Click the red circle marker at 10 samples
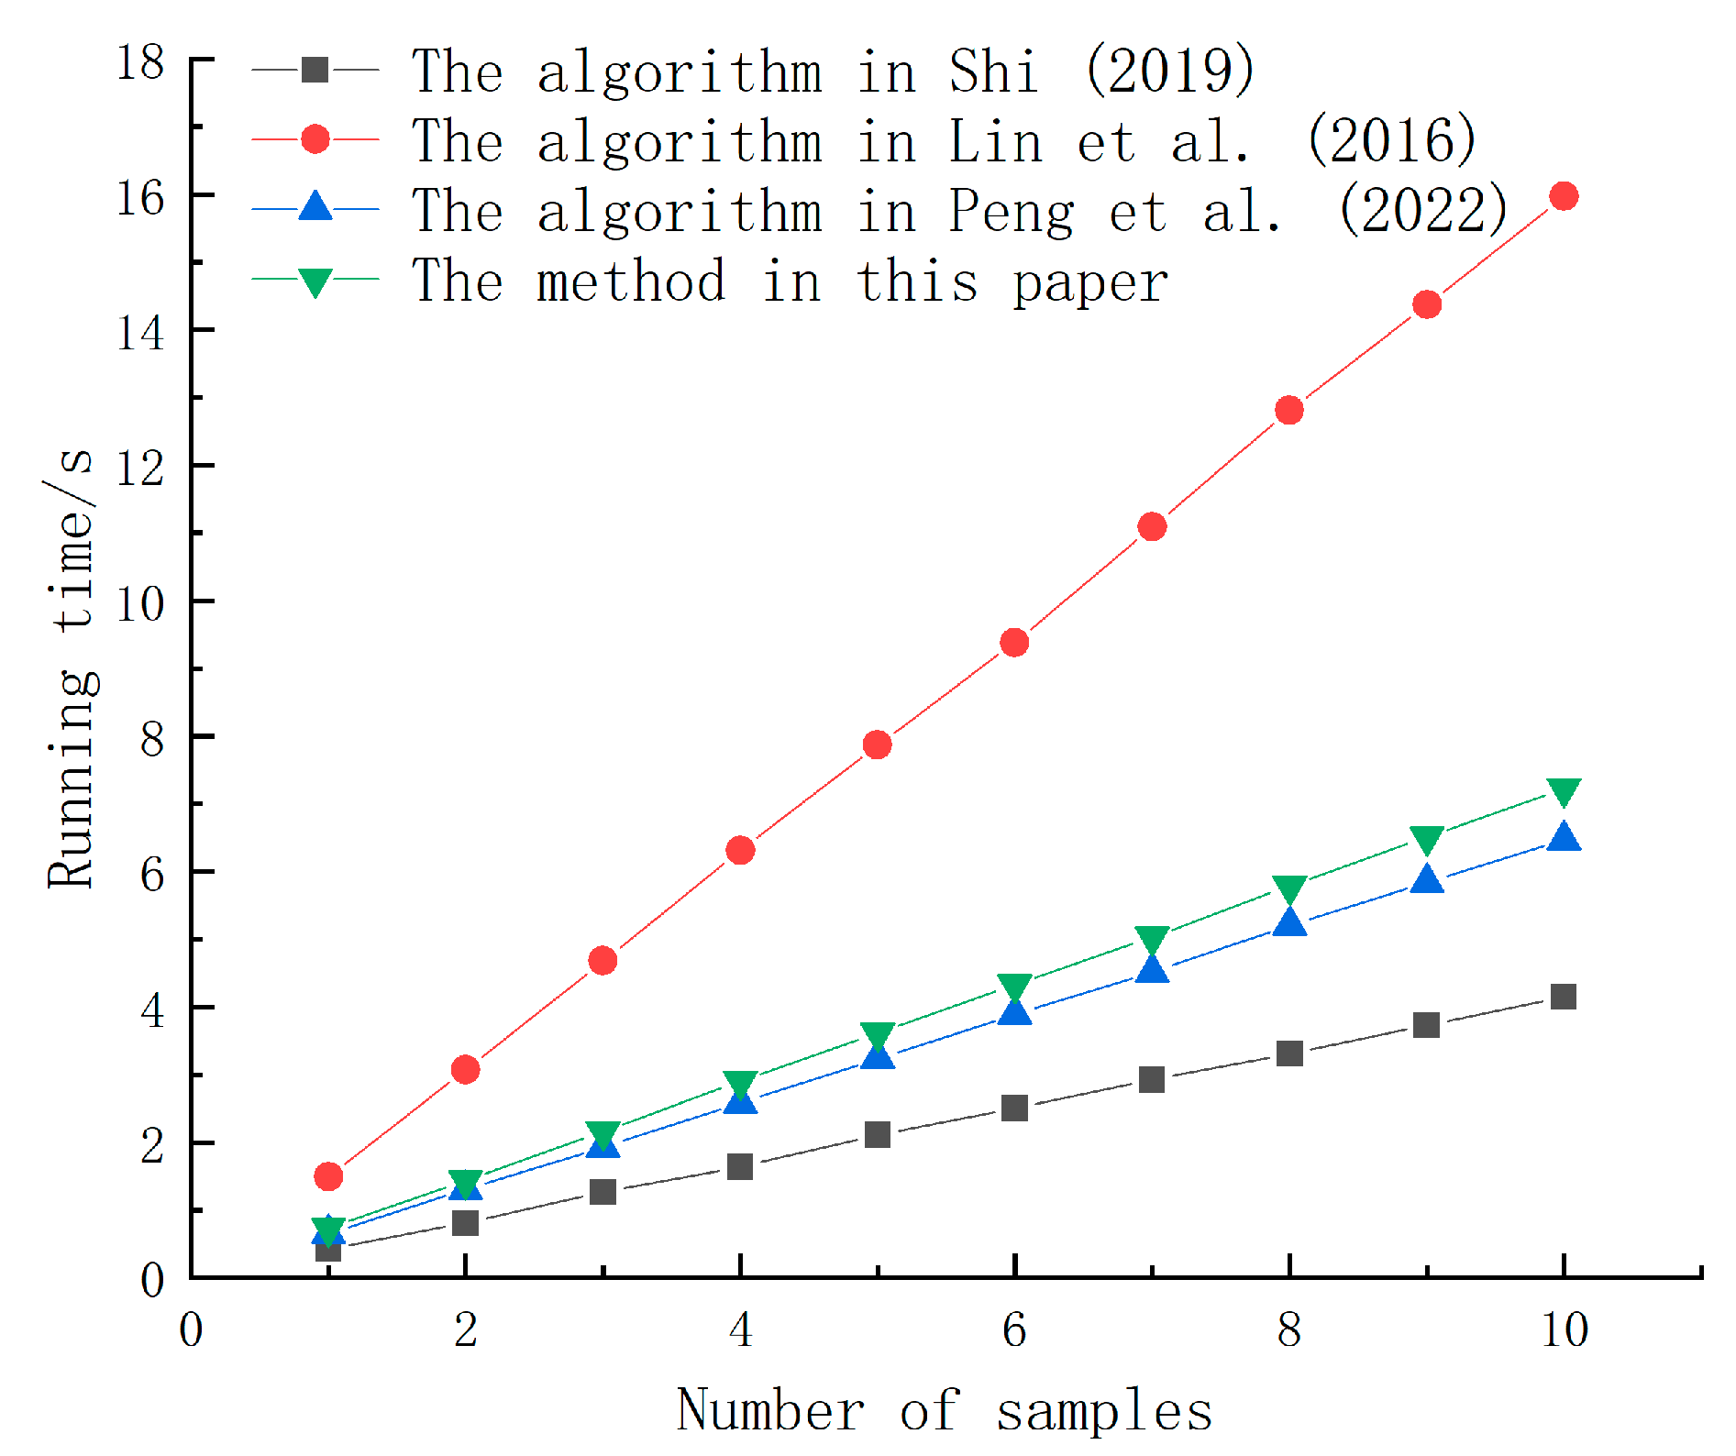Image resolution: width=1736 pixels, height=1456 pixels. pos(1563,196)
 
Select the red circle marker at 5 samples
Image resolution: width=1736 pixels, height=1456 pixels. pos(877,745)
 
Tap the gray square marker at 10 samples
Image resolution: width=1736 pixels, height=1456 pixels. pos(1563,997)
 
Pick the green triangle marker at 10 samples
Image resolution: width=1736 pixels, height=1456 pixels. pos(1563,791)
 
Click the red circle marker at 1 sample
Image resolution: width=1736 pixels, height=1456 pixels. pos(328,1176)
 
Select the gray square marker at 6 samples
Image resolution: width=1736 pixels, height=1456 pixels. pos(1014,1108)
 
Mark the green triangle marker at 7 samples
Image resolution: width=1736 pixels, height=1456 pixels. pos(1152,939)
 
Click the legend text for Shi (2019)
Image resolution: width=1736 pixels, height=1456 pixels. pos(833,71)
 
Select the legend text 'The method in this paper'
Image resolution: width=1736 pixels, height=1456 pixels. pos(789,281)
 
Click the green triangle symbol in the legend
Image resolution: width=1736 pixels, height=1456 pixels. pos(315,281)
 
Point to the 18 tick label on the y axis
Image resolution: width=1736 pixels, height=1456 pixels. pos(140,62)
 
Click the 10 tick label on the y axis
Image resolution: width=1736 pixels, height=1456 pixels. pos(140,603)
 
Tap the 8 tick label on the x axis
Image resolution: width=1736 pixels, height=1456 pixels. pos(1289,1330)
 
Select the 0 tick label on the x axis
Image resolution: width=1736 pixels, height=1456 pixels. pos(191,1330)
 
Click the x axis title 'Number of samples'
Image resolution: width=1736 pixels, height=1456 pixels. pos(945,1410)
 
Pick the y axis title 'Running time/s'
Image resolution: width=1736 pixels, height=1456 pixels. pos(72,667)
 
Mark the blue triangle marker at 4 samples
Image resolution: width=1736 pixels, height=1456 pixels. pos(740,1099)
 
